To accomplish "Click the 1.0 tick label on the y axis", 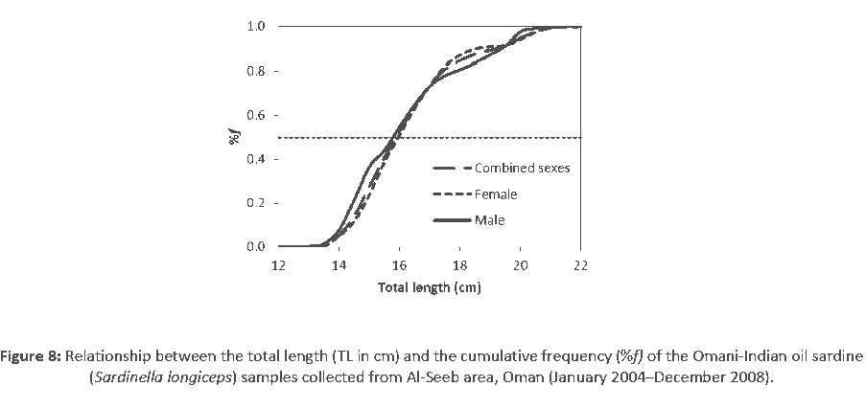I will [256, 26].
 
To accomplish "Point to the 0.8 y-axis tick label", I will [256, 71].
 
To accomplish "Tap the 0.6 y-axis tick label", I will [256, 115].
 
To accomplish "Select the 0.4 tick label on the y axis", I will [256, 159].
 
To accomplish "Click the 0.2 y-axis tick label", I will [256, 203].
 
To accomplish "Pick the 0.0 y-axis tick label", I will [256, 247].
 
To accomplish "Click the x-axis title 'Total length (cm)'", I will [429, 286].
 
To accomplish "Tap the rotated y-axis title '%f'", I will [233, 136].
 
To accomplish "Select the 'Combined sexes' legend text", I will [522, 169].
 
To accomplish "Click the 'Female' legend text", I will [495, 194].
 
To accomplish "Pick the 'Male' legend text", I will [489, 220].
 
